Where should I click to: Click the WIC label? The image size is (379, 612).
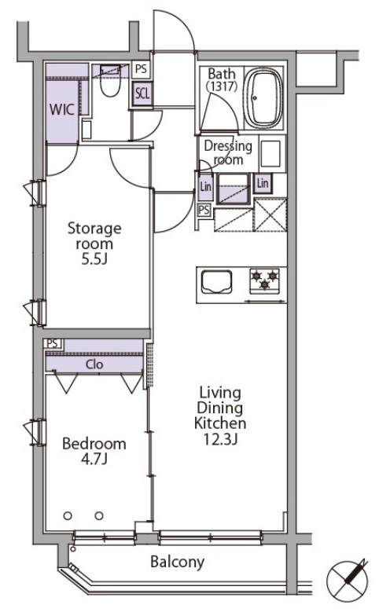point(63,109)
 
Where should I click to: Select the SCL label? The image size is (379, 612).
point(142,93)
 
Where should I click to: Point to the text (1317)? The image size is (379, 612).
point(220,86)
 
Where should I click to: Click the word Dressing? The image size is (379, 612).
point(228,146)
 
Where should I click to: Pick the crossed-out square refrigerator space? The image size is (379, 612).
point(270,213)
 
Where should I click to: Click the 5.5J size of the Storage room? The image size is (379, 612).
point(94,258)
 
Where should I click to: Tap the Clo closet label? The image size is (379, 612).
point(95,365)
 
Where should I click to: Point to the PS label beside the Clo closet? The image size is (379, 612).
point(53,343)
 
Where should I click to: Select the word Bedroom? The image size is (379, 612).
point(94,444)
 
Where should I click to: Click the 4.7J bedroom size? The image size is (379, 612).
point(94,460)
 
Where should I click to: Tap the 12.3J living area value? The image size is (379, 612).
point(219,440)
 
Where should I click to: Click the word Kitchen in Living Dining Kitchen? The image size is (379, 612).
point(219,424)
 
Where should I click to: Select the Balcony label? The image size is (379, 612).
point(178,562)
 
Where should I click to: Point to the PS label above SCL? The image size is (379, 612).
point(141,70)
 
